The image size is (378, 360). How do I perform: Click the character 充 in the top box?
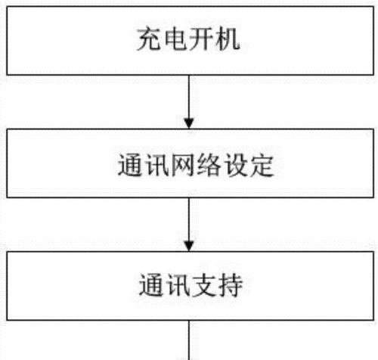click(x=149, y=39)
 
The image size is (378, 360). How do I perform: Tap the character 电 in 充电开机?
click(x=175, y=39)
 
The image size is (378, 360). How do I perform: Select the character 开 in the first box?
click(x=200, y=39)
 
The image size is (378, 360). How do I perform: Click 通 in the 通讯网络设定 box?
click(x=130, y=165)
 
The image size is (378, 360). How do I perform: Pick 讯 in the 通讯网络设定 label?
click(x=156, y=165)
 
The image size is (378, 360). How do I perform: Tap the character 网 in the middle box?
click(x=183, y=165)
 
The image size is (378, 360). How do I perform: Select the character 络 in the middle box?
click(x=209, y=165)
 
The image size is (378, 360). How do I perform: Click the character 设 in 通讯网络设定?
click(x=235, y=165)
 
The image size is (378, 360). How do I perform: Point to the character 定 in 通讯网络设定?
click(x=262, y=165)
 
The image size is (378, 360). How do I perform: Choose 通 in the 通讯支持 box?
click(x=150, y=285)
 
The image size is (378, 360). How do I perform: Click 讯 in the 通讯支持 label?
click(x=177, y=285)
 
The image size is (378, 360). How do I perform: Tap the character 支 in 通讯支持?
click(x=203, y=285)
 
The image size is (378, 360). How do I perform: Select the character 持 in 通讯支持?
click(x=230, y=285)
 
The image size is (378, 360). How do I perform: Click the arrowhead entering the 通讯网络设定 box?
click(x=189, y=123)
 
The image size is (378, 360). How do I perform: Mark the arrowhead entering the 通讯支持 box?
click(x=189, y=247)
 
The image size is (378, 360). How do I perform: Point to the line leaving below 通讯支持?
click(x=189, y=340)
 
